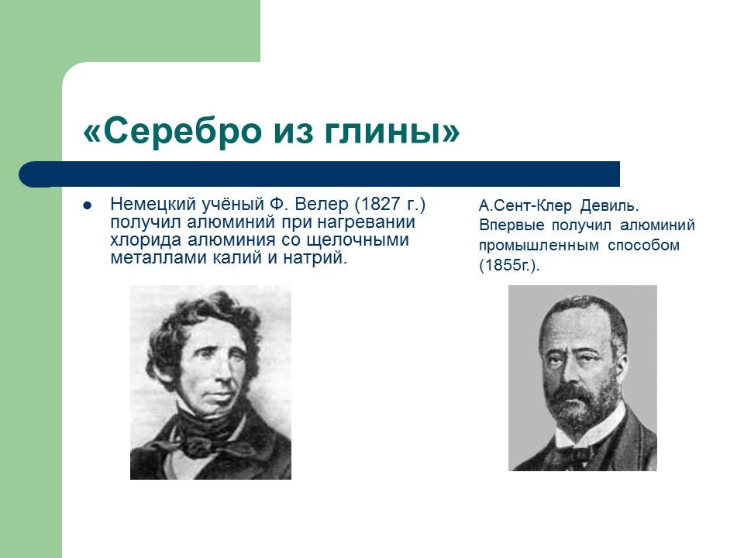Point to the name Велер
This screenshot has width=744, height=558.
320,205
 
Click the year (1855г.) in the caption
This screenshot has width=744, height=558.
508,266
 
